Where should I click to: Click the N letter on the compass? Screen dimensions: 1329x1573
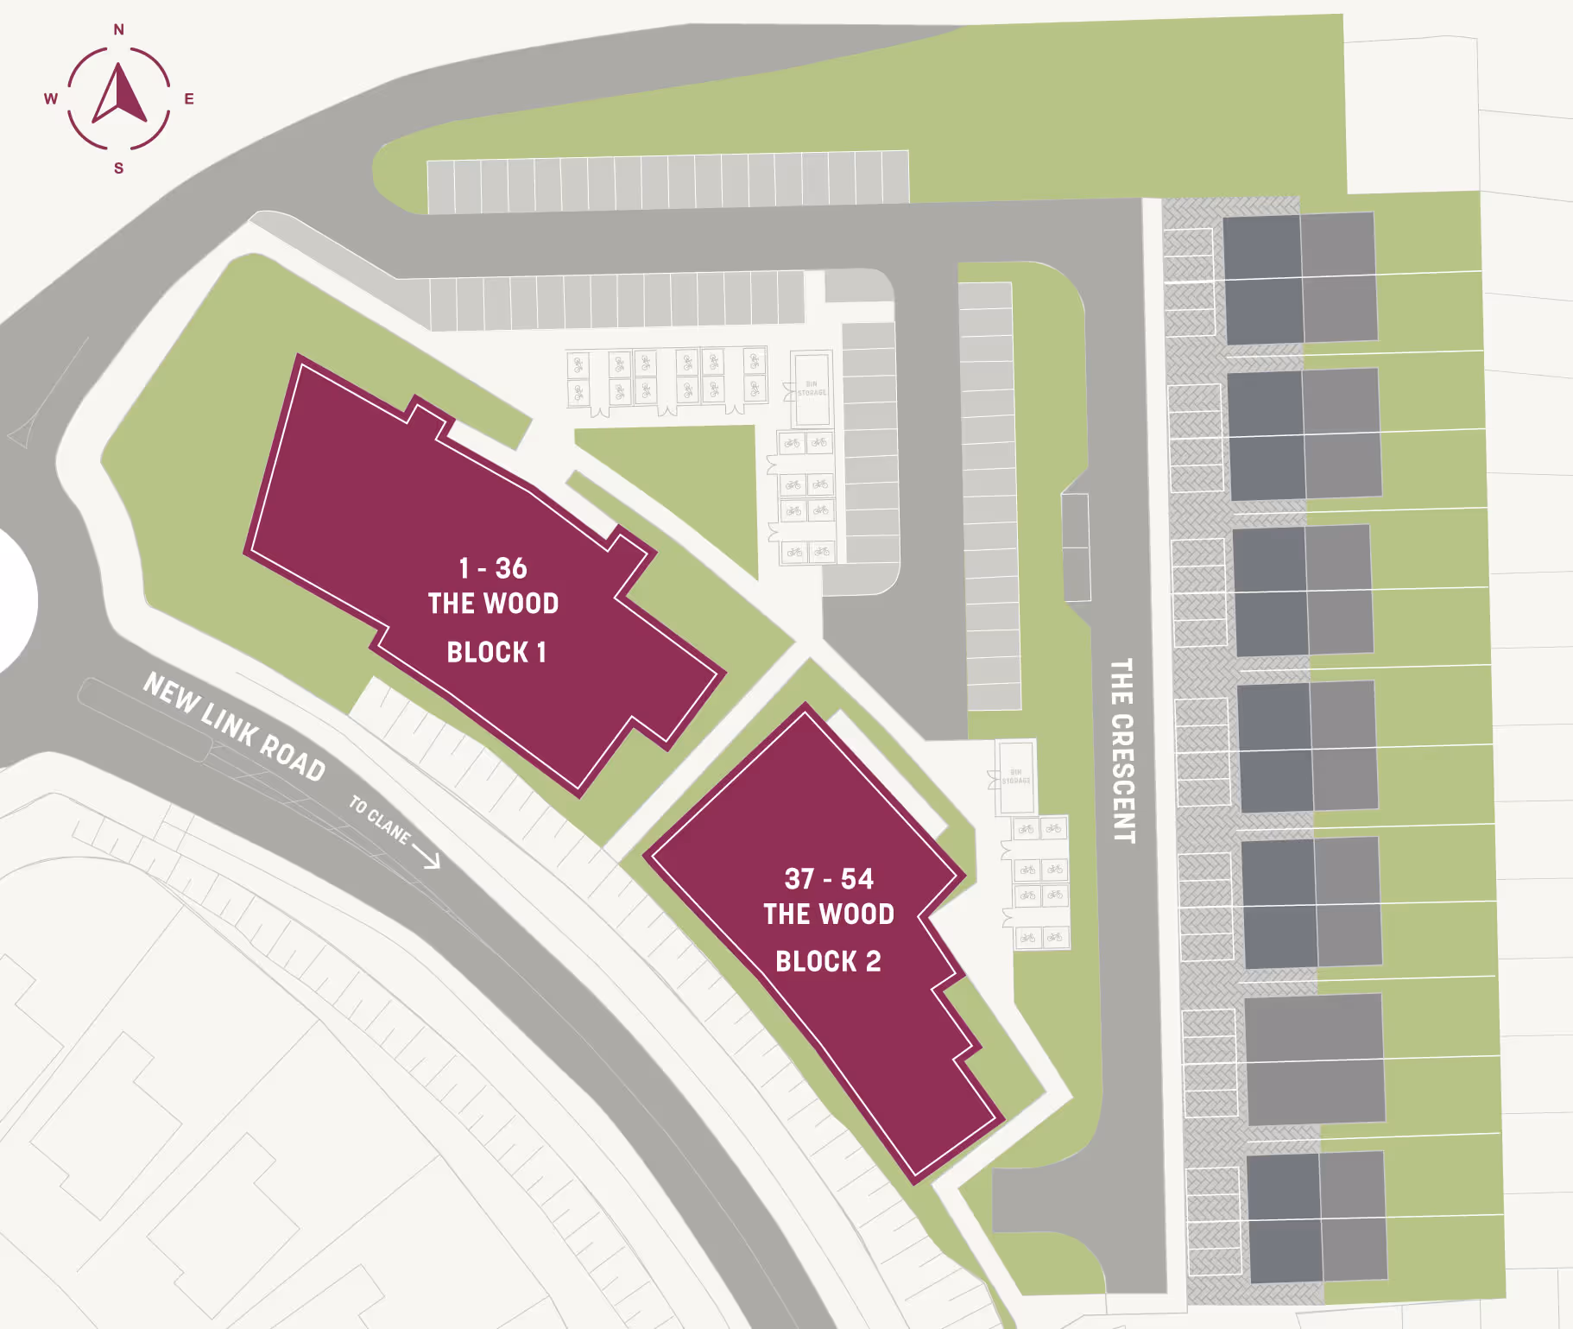pyautogui.click(x=119, y=30)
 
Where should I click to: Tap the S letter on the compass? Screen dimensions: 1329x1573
pyautogui.click(x=119, y=168)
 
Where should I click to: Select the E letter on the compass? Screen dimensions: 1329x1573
pyautogui.click(x=189, y=99)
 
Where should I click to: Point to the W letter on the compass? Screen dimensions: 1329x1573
pyautogui.click(x=51, y=99)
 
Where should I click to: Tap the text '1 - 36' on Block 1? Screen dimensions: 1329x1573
pyautogui.click(x=493, y=568)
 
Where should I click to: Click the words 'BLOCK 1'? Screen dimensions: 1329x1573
pyautogui.click(x=496, y=652)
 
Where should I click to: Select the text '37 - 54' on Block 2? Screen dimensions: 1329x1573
pyautogui.click(x=829, y=879)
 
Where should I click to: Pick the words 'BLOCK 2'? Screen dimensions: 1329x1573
pyautogui.click(x=828, y=961)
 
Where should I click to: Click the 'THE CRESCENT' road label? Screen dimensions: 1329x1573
pyautogui.click(x=1121, y=750)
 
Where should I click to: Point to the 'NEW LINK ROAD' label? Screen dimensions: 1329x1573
pyautogui.click(x=234, y=726)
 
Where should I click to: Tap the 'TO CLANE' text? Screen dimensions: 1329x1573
pyautogui.click(x=379, y=819)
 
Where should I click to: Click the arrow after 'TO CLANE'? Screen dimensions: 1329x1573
pyautogui.click(x=427, y=855)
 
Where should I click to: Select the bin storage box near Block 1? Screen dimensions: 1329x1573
pyautogui.click(x=812, y=389)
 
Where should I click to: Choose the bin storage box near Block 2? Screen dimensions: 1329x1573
pyautogui.click(x=1016, y=777)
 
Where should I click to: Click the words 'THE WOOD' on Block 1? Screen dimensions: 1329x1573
pyautogui.click(x=493, y=604)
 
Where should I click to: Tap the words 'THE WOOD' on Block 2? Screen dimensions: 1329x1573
pyautogui.click(x=829, y=914)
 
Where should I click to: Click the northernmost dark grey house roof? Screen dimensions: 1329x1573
pyautogui.click(x=1262, y=247)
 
